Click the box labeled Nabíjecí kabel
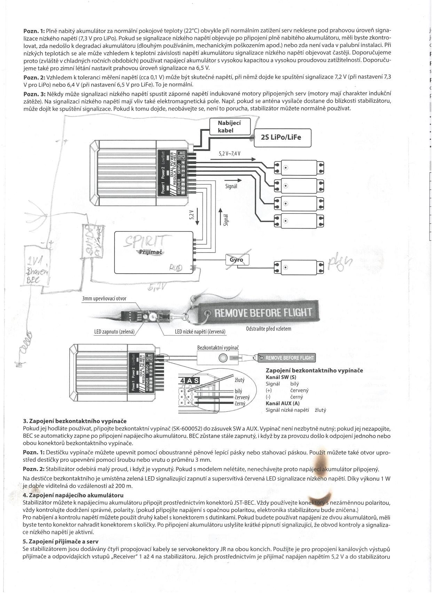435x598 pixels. tap(230, 127)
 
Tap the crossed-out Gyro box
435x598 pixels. tap(238, 260)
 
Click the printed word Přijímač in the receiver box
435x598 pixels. tap(151, 252)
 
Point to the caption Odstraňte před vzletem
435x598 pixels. tap(269, 328)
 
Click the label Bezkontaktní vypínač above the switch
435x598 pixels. tap(218, 348)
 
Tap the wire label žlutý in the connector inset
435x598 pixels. tap(239, 380)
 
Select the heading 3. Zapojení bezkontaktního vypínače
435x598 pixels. tap(75, 421)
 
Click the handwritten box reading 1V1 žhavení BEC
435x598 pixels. tap(37, 265)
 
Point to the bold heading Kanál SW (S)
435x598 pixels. tap(281, 377)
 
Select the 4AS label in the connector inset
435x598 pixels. tap(190, 381)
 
